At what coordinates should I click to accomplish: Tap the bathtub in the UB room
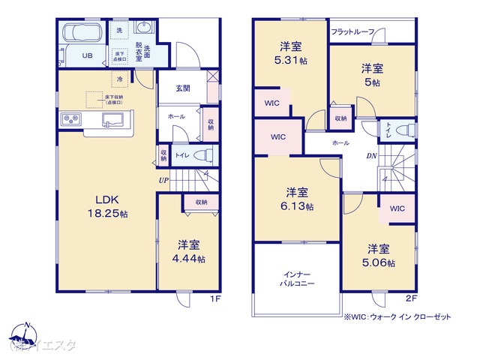85,34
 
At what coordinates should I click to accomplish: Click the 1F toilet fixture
203,155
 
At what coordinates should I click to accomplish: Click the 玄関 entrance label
183,88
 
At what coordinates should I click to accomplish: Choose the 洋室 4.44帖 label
188,251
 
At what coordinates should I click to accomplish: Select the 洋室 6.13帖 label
298,199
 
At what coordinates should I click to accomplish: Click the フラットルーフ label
357,32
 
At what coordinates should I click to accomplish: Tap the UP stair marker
163,180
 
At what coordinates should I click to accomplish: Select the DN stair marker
370,156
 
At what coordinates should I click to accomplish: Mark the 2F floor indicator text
410,296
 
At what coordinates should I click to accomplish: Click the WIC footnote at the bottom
397,317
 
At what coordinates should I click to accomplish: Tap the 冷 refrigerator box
118,78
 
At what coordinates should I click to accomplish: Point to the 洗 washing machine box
118,30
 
